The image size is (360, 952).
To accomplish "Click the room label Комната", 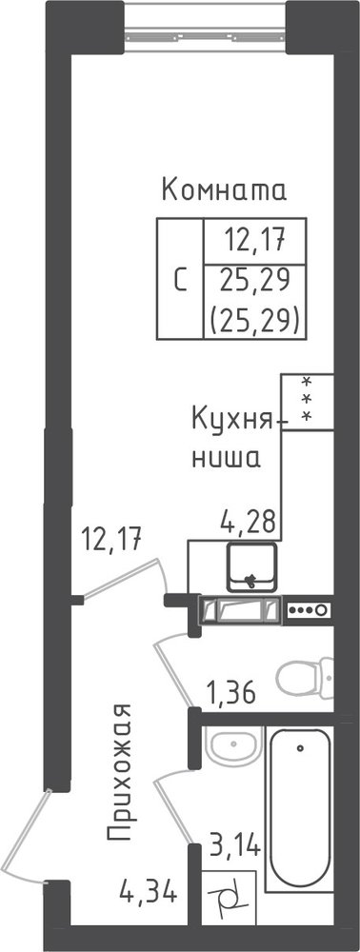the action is [x=224, y=190].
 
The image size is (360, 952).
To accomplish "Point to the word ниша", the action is [x=226, y=458].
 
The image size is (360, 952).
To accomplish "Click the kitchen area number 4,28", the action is [x=247, y=521].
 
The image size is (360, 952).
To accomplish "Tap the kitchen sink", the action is [x=251, y=566].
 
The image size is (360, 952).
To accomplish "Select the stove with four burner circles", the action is [x=309, y=609].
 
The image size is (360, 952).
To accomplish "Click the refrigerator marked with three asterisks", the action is [x=308, y=402].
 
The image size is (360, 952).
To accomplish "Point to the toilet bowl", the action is [x=306, y=677].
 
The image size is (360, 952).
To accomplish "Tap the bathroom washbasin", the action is [x=233, y=744].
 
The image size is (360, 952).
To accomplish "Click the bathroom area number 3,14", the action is [x=235, y=843].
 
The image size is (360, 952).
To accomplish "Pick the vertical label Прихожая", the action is [x=119, y=773].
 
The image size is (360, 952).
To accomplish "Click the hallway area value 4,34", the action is [x=149, y=893].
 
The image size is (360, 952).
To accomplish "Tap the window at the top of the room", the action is [x=205, y=27].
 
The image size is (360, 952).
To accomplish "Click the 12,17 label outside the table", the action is [x=112, y=539].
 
